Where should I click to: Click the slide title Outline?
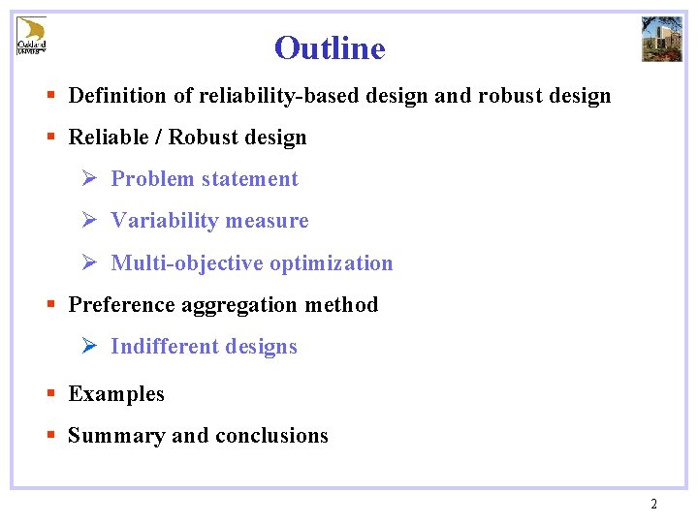point(330,47)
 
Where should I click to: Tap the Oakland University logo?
point(31,37)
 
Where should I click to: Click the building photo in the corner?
point(662,39)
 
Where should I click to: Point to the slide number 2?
point(653,504)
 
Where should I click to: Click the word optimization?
point(332,263)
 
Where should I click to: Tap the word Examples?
point(116,394)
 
